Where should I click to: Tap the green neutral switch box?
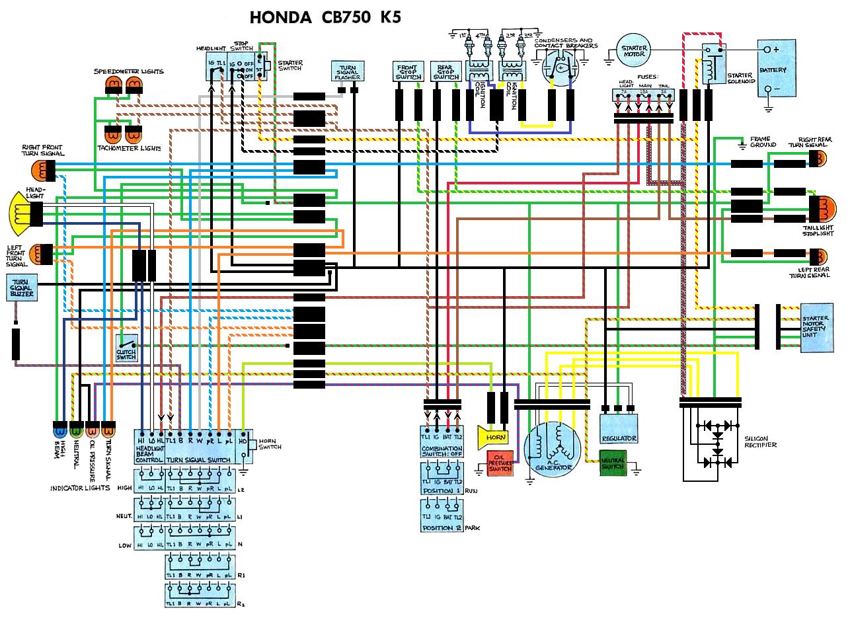coord(613,463)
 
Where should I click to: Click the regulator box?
coord(619,430)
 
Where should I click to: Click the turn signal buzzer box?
coord(21,289)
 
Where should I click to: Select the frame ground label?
coord(761,142)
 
